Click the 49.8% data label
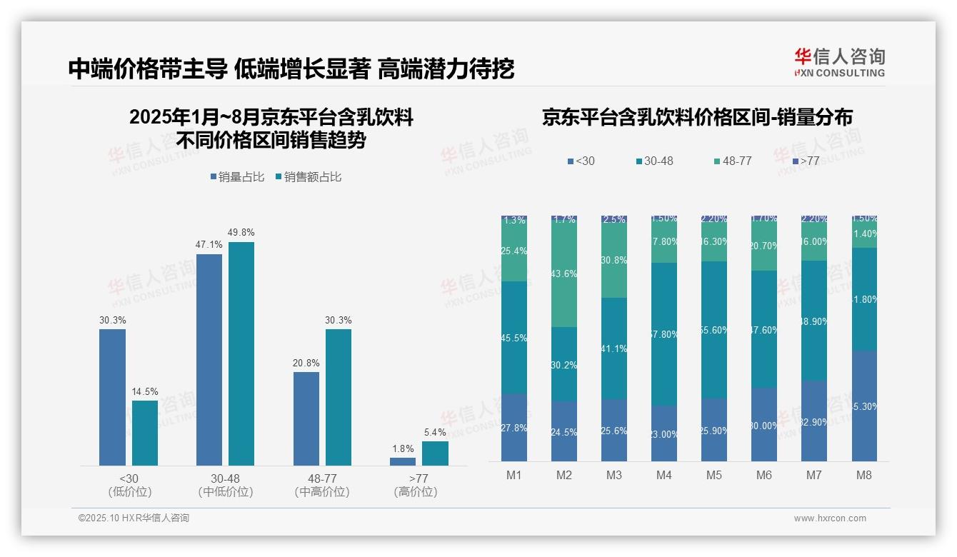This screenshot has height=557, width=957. click(x=241, y=233)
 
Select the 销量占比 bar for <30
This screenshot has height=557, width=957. click(x=112, y=397)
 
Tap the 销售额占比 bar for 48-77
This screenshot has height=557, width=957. click(x=339, y=397)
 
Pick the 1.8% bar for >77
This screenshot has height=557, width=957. click(x=403, y=461)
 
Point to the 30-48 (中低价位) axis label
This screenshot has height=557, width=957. click(x=226, y=485)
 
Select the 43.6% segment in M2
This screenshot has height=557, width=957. click(x=564, y=274)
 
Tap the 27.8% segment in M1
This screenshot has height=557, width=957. click(x=514, y=427)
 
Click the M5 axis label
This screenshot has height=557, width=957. click(x=714, y=476)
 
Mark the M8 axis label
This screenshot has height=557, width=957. click(x=864, y=476)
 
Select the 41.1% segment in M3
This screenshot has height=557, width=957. click(x=614, y=348)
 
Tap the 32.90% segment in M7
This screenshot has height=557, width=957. click(x=814, y=421)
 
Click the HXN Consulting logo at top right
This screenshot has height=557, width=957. click(x=839, y=63)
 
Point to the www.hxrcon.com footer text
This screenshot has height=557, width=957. click(x=830, y=518)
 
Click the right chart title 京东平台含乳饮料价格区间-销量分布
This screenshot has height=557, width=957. click(x=697, y=118)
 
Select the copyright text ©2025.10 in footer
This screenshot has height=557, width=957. click(x=134, y=518)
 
